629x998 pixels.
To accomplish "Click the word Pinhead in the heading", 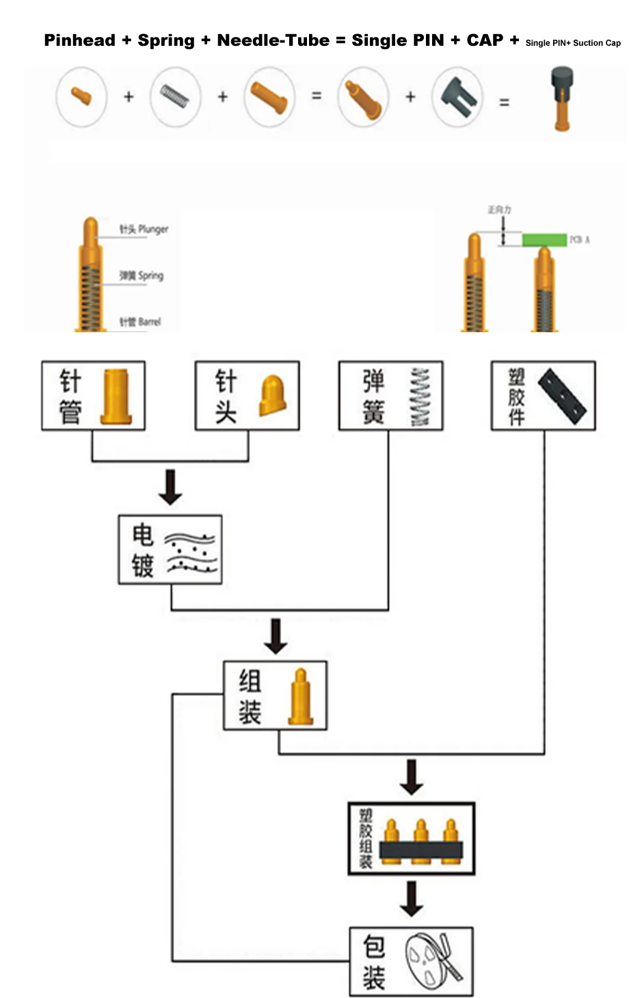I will point(79,40).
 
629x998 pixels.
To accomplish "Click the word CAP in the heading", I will point(485,40).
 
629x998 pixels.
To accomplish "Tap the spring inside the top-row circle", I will point(175,96).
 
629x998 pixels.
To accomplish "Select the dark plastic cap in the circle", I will point(456,97).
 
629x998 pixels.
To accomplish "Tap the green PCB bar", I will point(544,240).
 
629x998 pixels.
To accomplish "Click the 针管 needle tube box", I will point(93,396).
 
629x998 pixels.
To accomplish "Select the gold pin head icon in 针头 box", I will point(273,395).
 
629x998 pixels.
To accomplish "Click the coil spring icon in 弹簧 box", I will point(420,397).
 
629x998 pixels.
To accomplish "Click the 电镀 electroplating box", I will point(170,550).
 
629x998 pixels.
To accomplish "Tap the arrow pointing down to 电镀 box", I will point(170,486).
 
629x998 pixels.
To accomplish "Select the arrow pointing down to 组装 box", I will point(276,636).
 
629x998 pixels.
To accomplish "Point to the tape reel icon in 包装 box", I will point(434,960).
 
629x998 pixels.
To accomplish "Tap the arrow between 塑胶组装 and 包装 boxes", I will point(411,898).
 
